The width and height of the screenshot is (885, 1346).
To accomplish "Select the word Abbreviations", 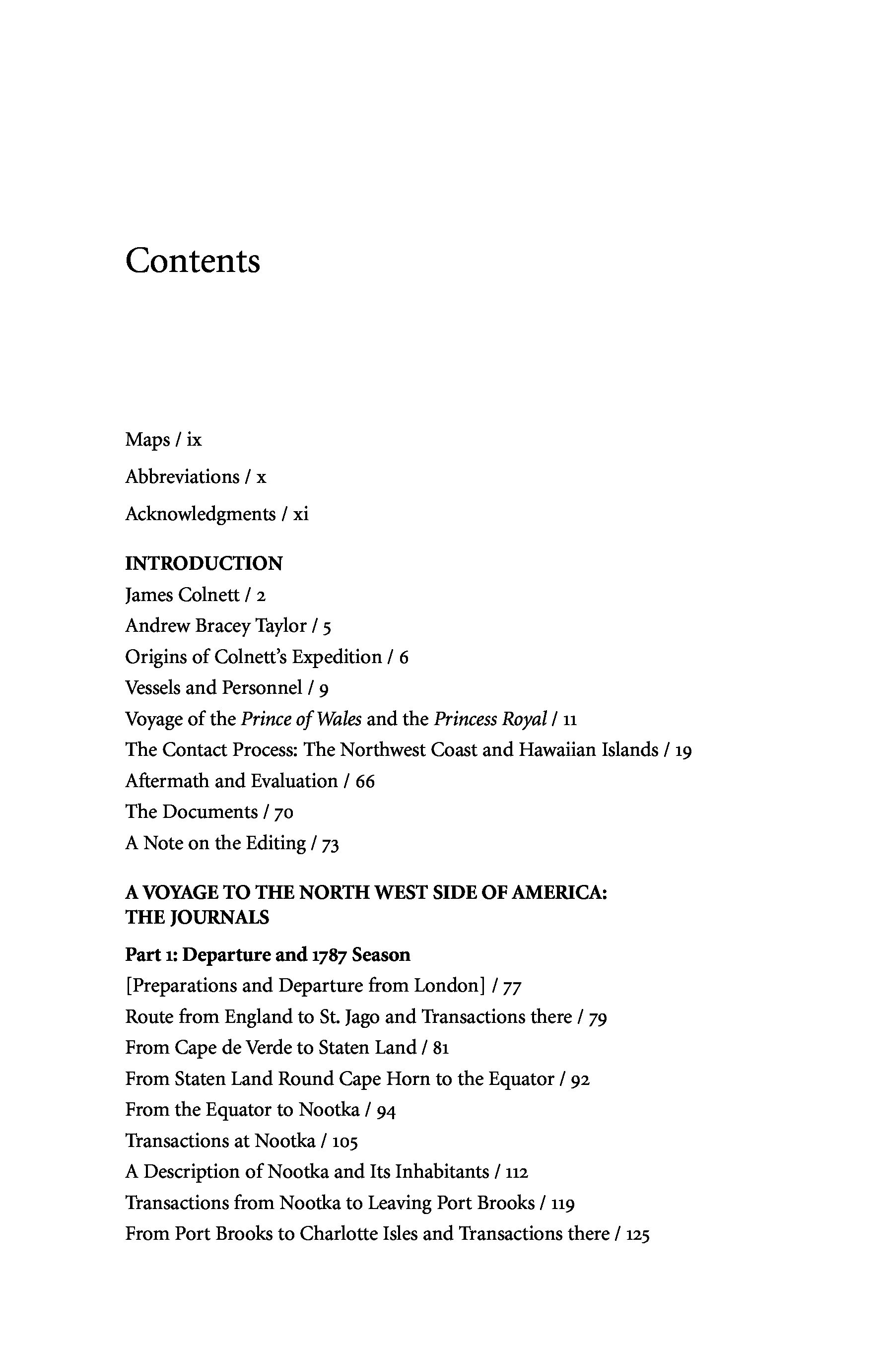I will pyautogui.click(x=182, y=477).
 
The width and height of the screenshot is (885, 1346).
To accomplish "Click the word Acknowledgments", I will pyautogui.click(x=200, y=514).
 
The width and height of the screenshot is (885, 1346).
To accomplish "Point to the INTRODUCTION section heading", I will pyautogui.click(x=204, y=563).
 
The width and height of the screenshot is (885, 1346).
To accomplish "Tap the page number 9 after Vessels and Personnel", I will pyautogui.click(x=324, y=688).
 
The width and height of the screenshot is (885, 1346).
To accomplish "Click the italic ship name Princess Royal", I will pyautogui.click(x=490, y=719).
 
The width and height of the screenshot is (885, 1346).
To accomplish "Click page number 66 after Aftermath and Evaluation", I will pyautogui.click(x=365, y=781).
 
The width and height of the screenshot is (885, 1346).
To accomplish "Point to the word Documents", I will pyautogui.click(x=210, y=811).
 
